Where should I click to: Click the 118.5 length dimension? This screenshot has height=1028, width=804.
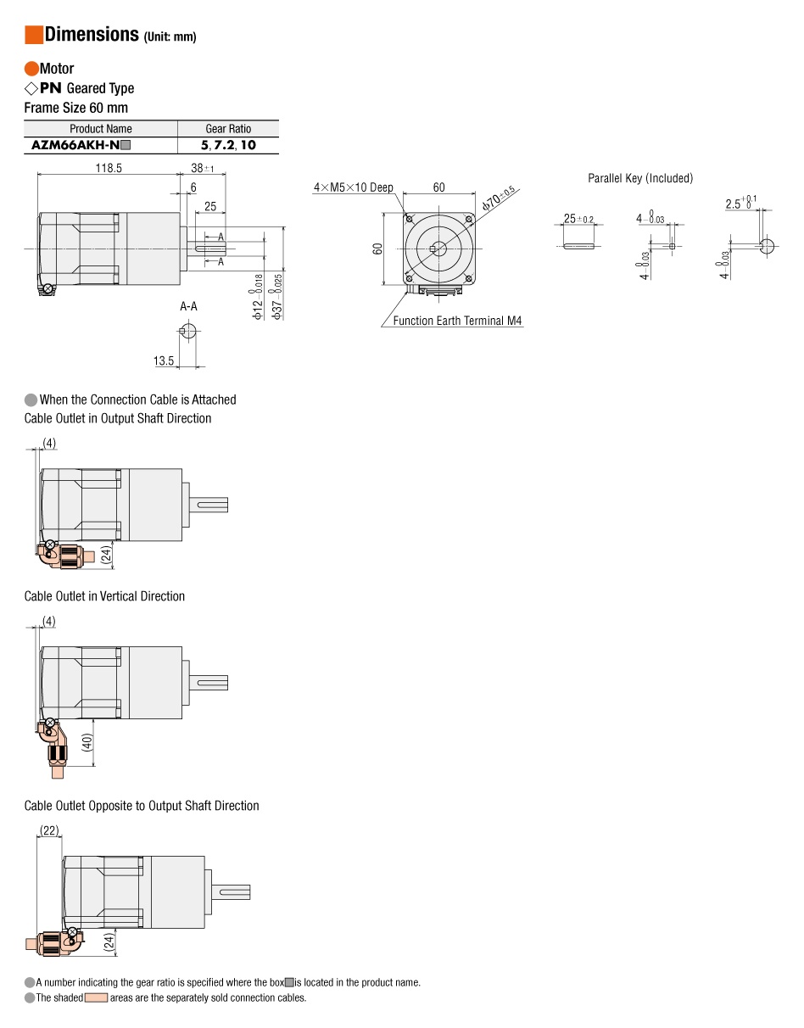click(x=108, y=168)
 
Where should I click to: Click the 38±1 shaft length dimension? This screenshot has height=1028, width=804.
click(x=203, y=168)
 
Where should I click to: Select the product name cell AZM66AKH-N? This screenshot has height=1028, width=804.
click(x=81, y=145)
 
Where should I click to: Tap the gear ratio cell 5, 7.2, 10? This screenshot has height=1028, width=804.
click(x=228, y=145)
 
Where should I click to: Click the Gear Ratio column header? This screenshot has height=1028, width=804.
click(x=228, y=129)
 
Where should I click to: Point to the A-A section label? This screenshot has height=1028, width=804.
click(x=188, y=306)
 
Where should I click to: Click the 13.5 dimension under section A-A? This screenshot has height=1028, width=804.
click(x=164, y=361)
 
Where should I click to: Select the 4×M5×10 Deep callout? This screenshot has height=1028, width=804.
click(x=354, y=187)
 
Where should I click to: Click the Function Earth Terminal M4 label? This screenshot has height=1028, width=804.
click(x=457, y=321)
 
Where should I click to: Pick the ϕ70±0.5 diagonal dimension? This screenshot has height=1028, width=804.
click(x=499, y=198)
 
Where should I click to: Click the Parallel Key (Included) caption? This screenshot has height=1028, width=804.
click(x=640, y=178)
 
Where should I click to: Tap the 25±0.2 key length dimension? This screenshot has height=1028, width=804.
click(x=578, y=219)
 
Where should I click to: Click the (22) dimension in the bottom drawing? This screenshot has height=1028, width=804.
click(x=49, y=830)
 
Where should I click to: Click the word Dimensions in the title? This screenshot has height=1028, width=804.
click(x=92, y=35)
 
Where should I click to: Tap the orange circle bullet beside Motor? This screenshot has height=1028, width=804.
click(x=31, y=69)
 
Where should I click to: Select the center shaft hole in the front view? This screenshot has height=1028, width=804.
click(x=438, y=248)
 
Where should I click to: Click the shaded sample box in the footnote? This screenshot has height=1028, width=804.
click(x=96, y=998)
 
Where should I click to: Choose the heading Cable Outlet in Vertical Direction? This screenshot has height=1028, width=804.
click(x=104, y=596)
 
